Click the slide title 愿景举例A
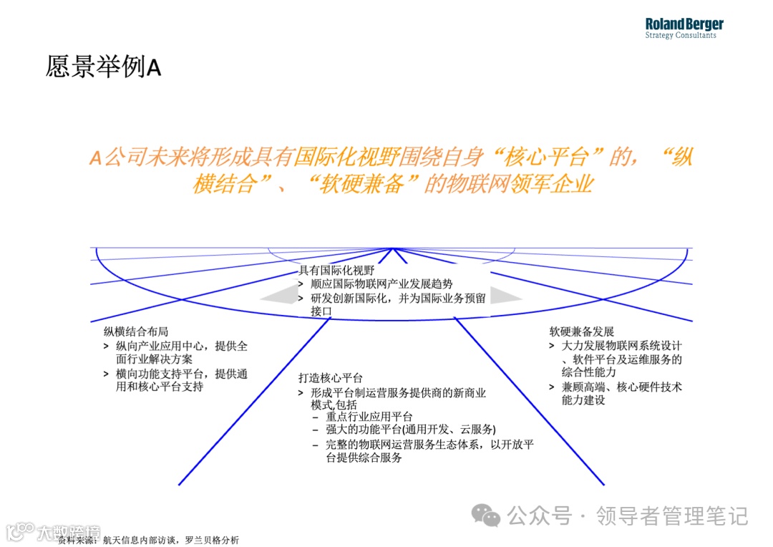click(x=103, y=67)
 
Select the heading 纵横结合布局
click(x=136, y=332)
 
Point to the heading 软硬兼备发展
click(x=582, y=332)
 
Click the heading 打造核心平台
click(x=331, y=378)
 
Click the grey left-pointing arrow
click(x=276, y=297)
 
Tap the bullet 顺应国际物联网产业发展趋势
click(x=381, y=284)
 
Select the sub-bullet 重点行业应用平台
click(x=369, y=417)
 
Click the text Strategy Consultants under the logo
click(x=680, y=36)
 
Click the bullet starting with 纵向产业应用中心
click(x=178, y=353)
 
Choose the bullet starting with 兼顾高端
click(x=616, y=393)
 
